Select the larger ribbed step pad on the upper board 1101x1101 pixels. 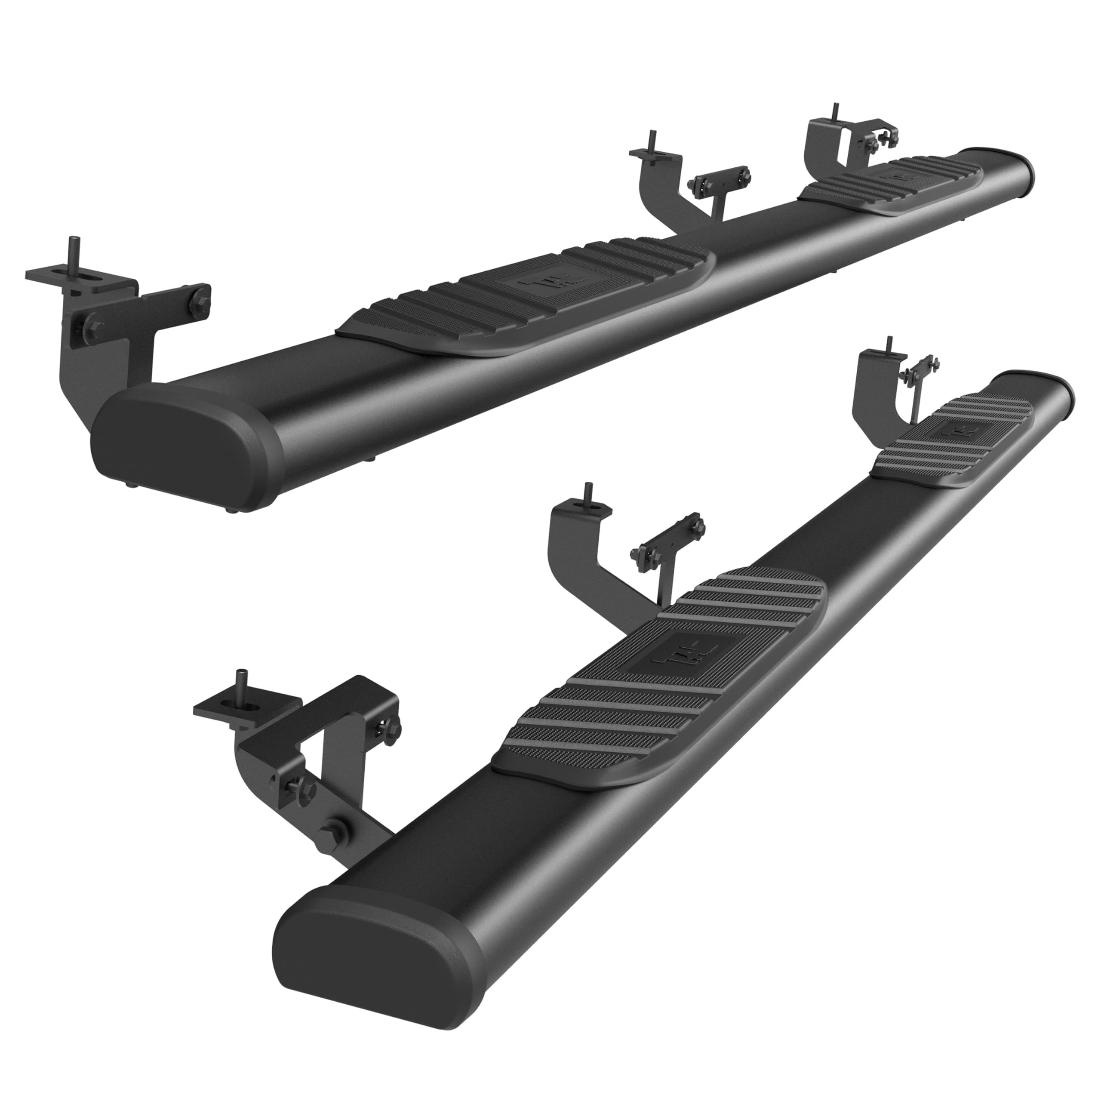pyautogui.click(x=524, y=296)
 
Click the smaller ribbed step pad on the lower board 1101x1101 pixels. pyautogui.click(x=952, y=445)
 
